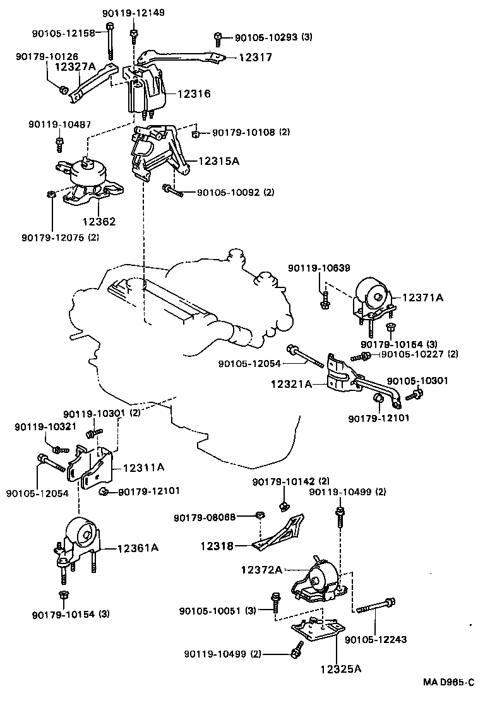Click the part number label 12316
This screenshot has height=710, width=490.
coord(193,93)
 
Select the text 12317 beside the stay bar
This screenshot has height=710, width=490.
coord(255,57)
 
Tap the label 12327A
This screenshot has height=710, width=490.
coord(76,66)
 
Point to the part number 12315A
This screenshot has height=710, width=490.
coord(218,161)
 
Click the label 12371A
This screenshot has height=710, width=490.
coord(422,297)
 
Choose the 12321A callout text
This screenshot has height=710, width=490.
coord(292,383)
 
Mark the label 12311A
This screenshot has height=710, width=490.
coord(143,467)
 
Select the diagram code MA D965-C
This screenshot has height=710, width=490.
coord(448,683)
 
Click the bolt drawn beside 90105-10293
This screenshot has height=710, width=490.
coord(217,37)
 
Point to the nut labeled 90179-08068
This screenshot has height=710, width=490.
coord(259,517)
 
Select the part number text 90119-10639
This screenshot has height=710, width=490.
coord(319,268)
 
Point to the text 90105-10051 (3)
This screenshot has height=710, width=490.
coord(217,611)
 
